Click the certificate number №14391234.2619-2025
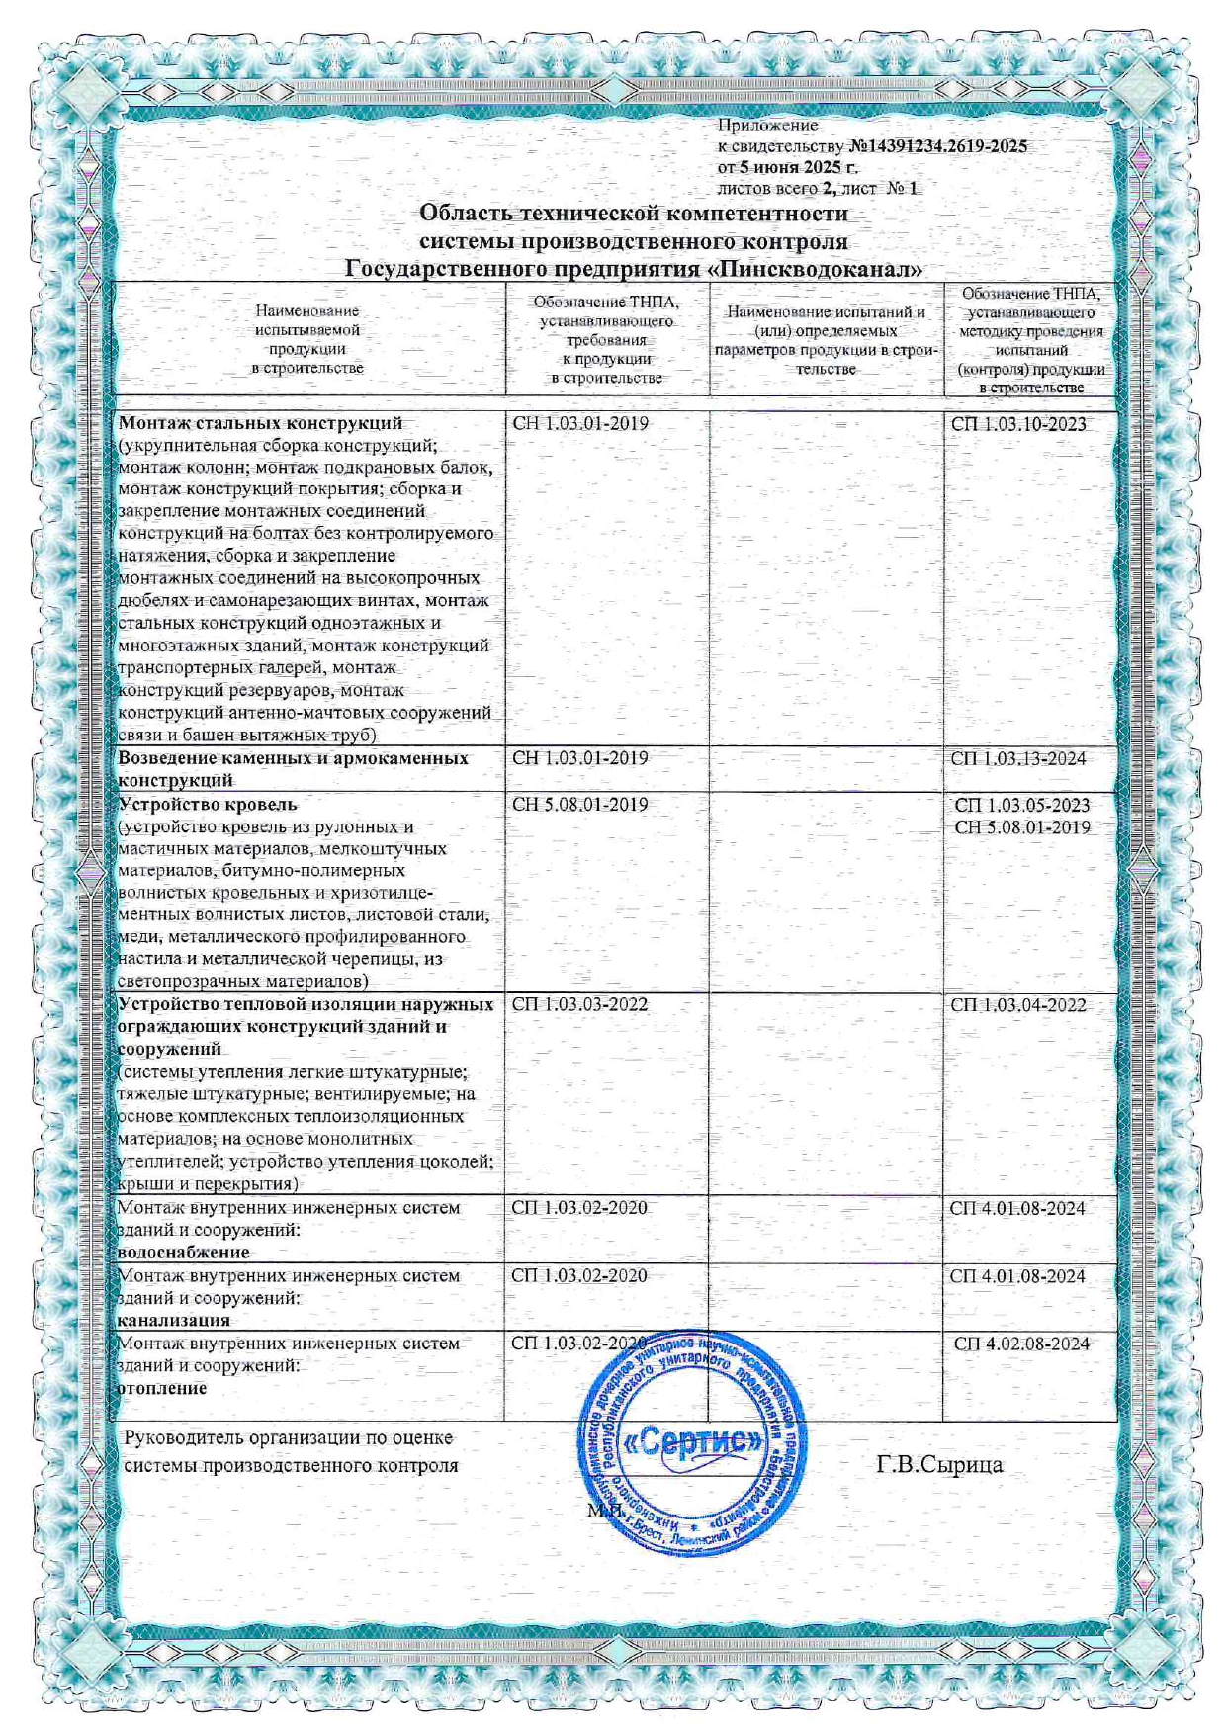pos(937,146)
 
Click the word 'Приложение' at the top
pos(767,126)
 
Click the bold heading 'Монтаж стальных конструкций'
pos(260,424)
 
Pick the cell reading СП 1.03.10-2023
pos(1018,424)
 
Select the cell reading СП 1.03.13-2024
pos(1018,758)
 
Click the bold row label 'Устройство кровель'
pos(207,804)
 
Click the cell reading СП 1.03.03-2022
pos(579,1004)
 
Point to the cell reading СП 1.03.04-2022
pos(1018,1005)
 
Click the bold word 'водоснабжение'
pos(183,1253)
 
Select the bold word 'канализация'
pos(173,1320)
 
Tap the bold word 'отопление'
pos(162,1388)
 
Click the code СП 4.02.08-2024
pos(1021,1344)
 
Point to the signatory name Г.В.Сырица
pos(939,1465)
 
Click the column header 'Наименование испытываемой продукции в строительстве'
pos(308,340)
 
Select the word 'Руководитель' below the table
pos(183,1438)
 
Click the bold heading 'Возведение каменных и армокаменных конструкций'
pos(293,769)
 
